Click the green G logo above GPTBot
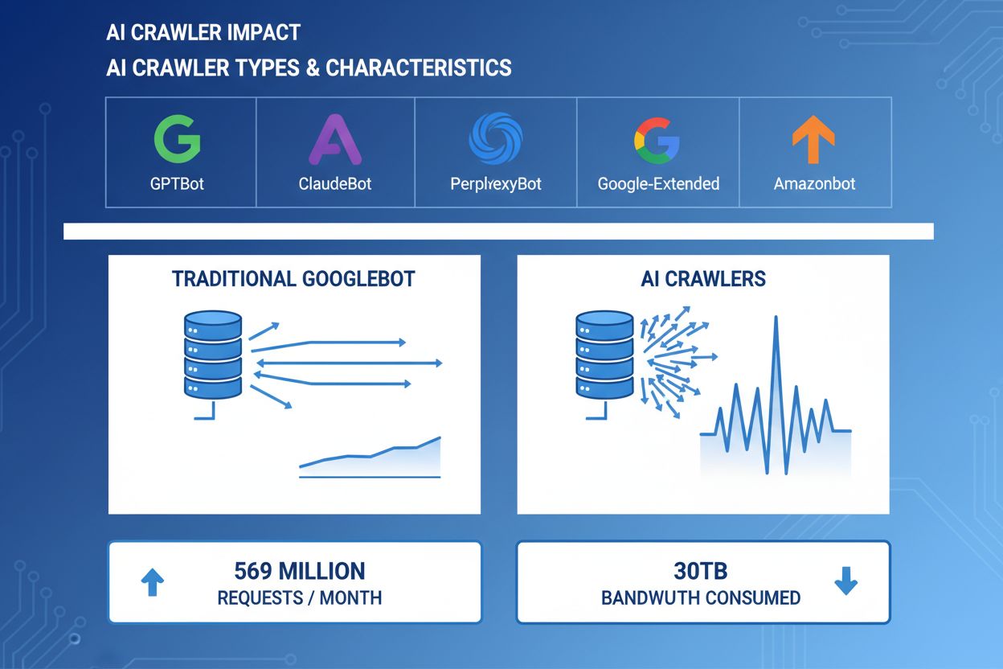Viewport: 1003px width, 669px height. [177, 138]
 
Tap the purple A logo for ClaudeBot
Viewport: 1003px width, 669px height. [335, 138]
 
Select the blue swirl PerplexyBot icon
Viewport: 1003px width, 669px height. [496, 138]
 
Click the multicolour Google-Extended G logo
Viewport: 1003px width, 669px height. [657, 138]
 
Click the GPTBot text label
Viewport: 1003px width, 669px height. [177, 183]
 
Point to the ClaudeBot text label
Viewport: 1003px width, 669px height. [335, 183]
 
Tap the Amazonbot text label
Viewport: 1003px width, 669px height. [814, 183]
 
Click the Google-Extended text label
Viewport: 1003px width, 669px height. [658, 183]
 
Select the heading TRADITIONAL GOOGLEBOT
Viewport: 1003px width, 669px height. [293, 279]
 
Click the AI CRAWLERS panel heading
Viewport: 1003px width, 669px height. [703, 279]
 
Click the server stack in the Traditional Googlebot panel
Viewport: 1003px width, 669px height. [213, 355]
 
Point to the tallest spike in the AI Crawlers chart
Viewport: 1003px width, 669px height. [776, 322]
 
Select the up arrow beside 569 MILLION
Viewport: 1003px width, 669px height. [153, 582]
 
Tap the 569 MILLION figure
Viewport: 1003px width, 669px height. [299, 571]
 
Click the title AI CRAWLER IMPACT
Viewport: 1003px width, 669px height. [203, 33]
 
